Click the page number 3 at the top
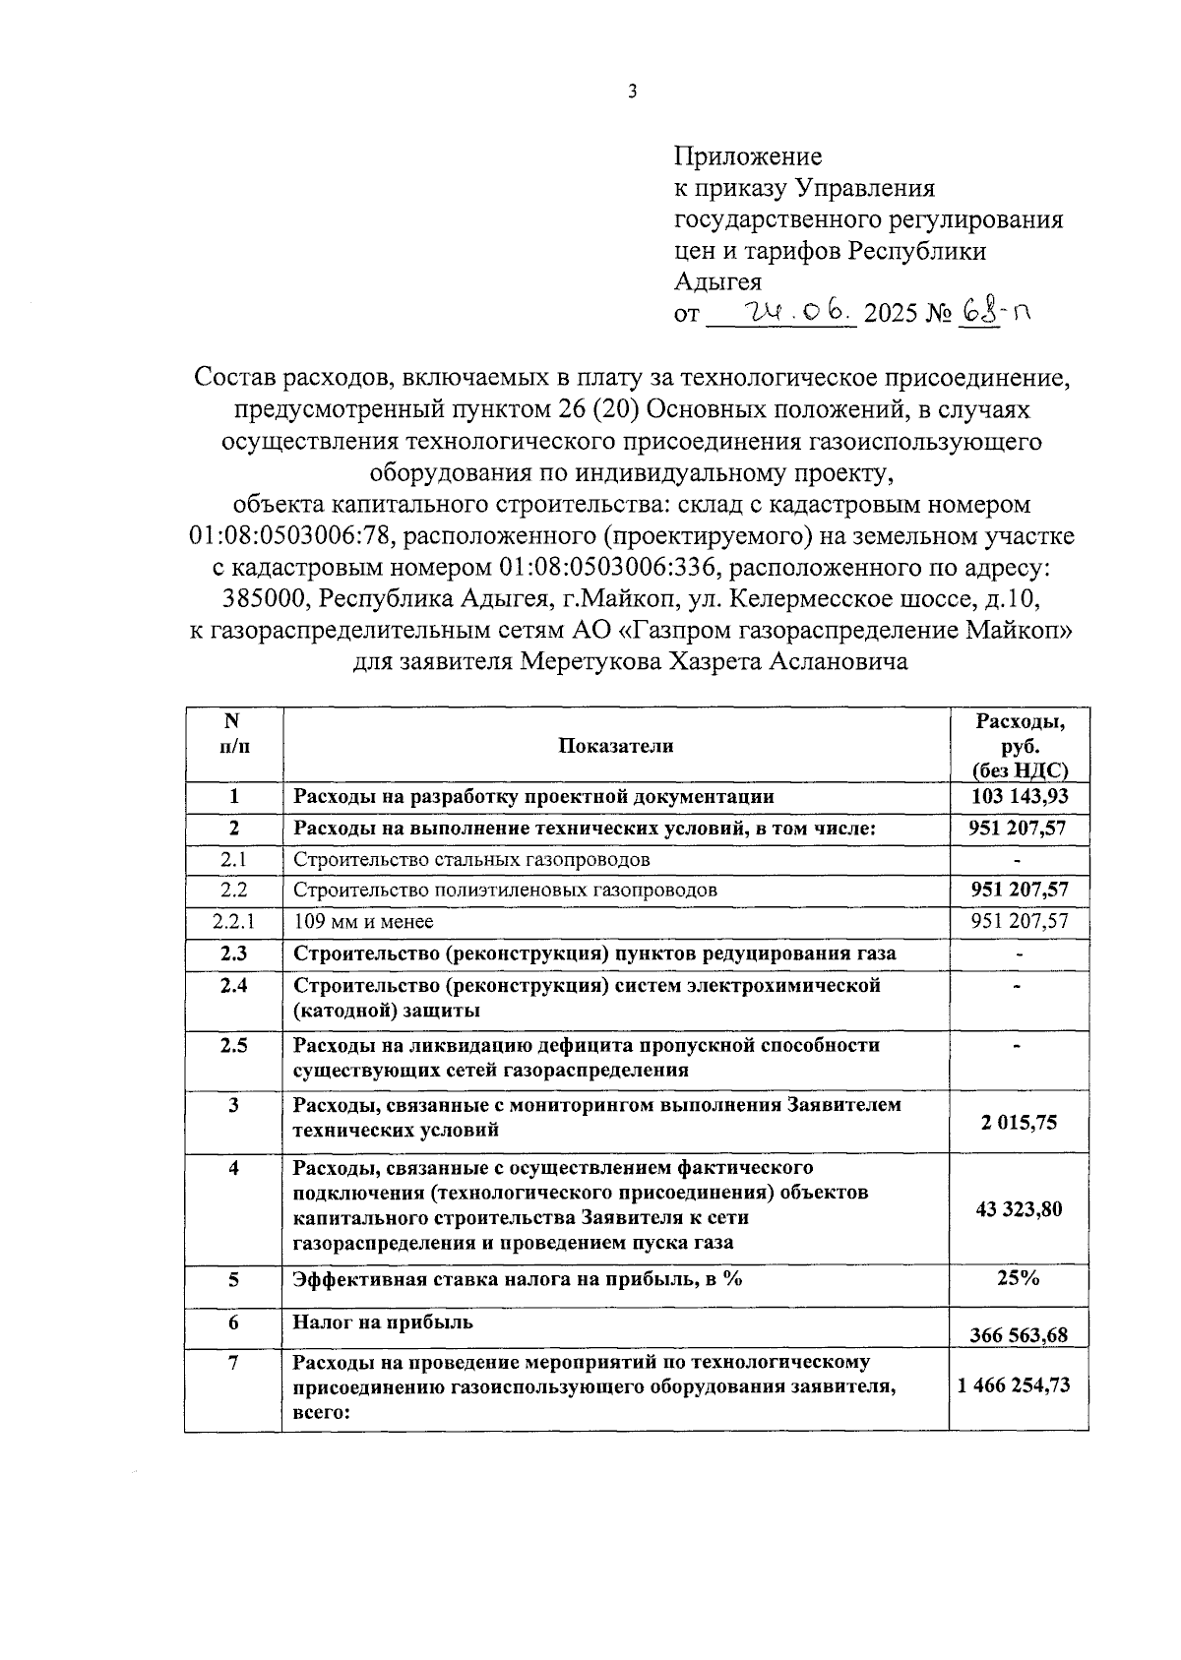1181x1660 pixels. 633,92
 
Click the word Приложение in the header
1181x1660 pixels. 748,156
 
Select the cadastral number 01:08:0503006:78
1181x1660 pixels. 291,536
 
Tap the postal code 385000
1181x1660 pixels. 264,599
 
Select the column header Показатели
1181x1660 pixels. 615,746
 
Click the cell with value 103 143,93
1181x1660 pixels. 1019,797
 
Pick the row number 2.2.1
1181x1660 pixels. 233,922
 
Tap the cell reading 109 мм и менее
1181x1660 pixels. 364,922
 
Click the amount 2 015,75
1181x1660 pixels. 1019,1123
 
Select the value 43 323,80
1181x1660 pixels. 1019,1209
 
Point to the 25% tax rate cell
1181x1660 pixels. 1019,1278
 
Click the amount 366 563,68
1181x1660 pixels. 1019,1335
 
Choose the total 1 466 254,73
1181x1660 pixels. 1019,1385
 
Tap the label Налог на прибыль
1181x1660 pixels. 383,1322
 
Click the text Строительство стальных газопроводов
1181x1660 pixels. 471,860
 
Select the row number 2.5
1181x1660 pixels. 233,1045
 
